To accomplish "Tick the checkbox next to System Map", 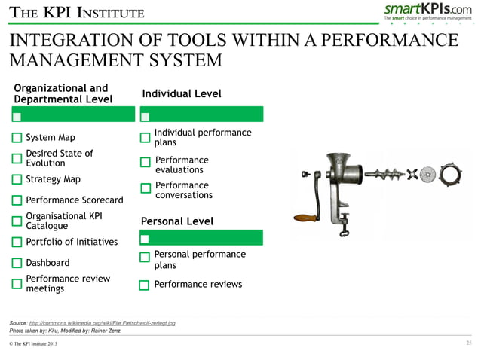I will [17, 138].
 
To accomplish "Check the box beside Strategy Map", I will [17, 179].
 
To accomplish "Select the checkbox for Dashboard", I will [17, 263].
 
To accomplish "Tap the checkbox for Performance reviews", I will [145, 285].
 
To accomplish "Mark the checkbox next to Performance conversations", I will [146, 188].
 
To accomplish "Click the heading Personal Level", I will [177, 221].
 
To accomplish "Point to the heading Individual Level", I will [182, 93].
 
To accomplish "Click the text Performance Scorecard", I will [74, 200].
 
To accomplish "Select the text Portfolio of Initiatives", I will [72, 242].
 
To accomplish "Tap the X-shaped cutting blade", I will [412, 174].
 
